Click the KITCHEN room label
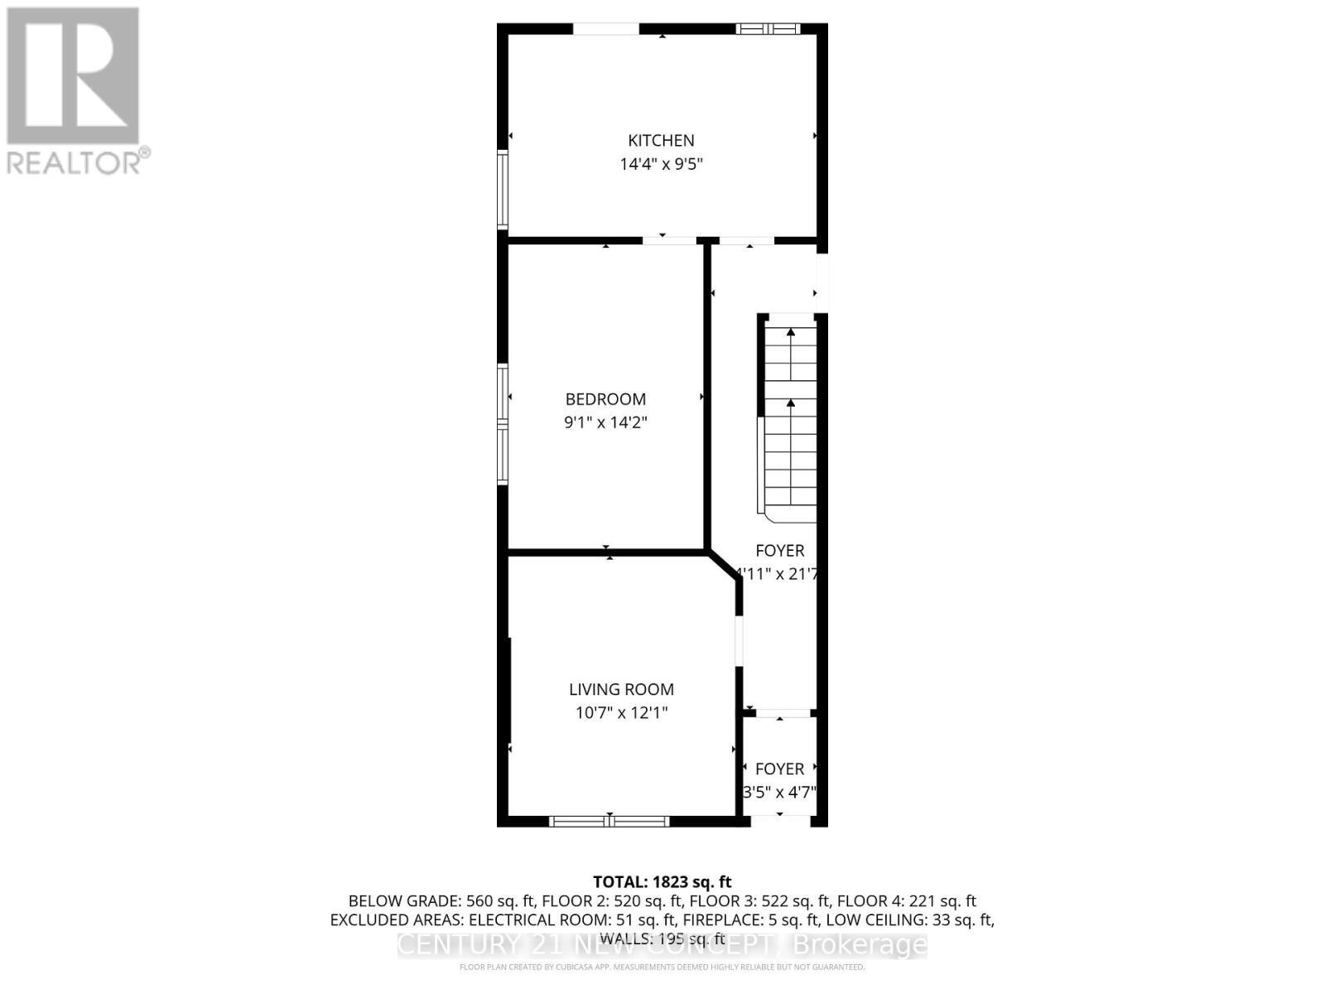tap(661, 141)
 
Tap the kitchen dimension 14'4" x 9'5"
tap(661, 164)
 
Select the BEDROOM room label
tap(605, 399)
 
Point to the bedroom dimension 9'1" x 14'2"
tap(605, 422)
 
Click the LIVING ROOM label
tap(621, 689)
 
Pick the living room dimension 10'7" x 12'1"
tap(621, 712)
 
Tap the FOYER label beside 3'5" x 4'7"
tap(779, 769)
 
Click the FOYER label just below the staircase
tap(779, 551)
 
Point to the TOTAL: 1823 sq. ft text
tap(662, 882)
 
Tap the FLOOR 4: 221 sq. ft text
tap(906, 901)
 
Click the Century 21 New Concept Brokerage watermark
tap(662, 944)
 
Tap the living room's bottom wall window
tap(609, 821)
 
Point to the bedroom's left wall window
tap(502, 423)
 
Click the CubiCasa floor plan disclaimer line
tap(662, 967)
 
